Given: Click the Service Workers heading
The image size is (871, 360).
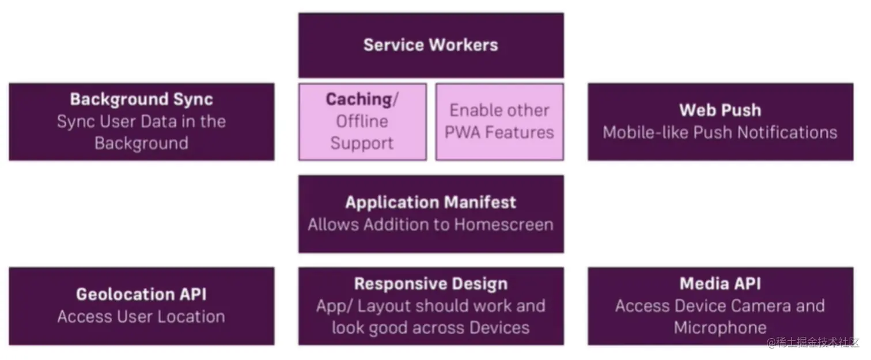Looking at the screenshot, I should [430, 45].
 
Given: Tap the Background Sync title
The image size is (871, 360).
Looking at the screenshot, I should [141, 99].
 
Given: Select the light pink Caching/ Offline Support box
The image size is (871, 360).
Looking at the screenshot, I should [362, 122].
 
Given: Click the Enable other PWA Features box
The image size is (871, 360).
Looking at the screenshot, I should [499, 122].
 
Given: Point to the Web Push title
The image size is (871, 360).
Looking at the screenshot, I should [719, 110].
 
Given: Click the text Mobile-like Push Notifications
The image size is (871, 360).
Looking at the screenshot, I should [719, 132].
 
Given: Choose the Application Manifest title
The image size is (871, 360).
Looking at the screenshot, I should [430, 203].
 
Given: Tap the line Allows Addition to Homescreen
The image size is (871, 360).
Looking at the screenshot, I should [430, 225].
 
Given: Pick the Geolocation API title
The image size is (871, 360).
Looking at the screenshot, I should [141, 294].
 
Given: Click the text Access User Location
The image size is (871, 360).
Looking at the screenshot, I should [141, 316].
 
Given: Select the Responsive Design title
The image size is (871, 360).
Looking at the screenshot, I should [430, 284].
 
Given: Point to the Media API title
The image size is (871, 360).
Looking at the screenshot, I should [719, 283].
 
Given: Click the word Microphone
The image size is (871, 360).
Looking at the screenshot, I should [719, 328].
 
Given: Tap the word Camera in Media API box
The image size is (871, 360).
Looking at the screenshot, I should [759, 306].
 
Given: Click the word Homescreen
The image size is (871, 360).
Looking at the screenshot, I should [503, 225].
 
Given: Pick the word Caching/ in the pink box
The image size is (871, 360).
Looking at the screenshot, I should [362, 100].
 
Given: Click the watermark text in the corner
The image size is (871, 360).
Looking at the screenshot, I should [812, 343].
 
